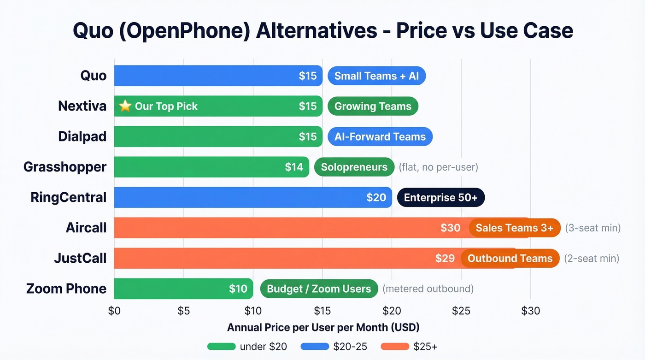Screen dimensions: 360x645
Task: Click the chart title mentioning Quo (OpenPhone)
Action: [x=322, y=31]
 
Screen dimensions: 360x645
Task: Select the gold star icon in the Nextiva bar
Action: [x=125, y=106]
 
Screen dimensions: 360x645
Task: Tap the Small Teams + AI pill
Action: [x=376, y=76]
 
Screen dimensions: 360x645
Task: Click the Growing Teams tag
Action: [x=373, y=106]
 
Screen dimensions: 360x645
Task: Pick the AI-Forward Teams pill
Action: [x=380, y=136]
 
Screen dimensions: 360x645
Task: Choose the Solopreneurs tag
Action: [x=354, y=167]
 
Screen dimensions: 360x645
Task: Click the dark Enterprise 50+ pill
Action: [x=440, y=197]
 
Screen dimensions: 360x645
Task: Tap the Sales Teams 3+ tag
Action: [x=514, y=228]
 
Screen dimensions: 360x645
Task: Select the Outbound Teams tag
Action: [x=510, y=258]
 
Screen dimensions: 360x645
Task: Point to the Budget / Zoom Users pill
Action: [x=319, y=289]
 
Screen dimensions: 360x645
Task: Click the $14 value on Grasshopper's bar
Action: [x=294, y=167]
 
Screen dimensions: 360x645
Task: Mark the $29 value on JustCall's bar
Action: [x=445, y=258]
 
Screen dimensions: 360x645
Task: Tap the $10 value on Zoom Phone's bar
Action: [x=238, y=289]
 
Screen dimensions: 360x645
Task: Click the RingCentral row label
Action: [x=68, y=197]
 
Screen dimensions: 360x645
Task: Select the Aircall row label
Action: [x=86, y=228]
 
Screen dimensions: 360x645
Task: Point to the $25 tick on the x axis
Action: [x=461, y=311]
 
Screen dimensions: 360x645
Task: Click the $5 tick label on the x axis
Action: [x=183, y=311]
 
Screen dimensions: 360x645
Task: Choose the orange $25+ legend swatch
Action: [x=395, y=347]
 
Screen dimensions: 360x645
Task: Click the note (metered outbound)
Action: [x=428, y=289]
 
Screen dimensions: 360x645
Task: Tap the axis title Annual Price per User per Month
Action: [x=323, y=328]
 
